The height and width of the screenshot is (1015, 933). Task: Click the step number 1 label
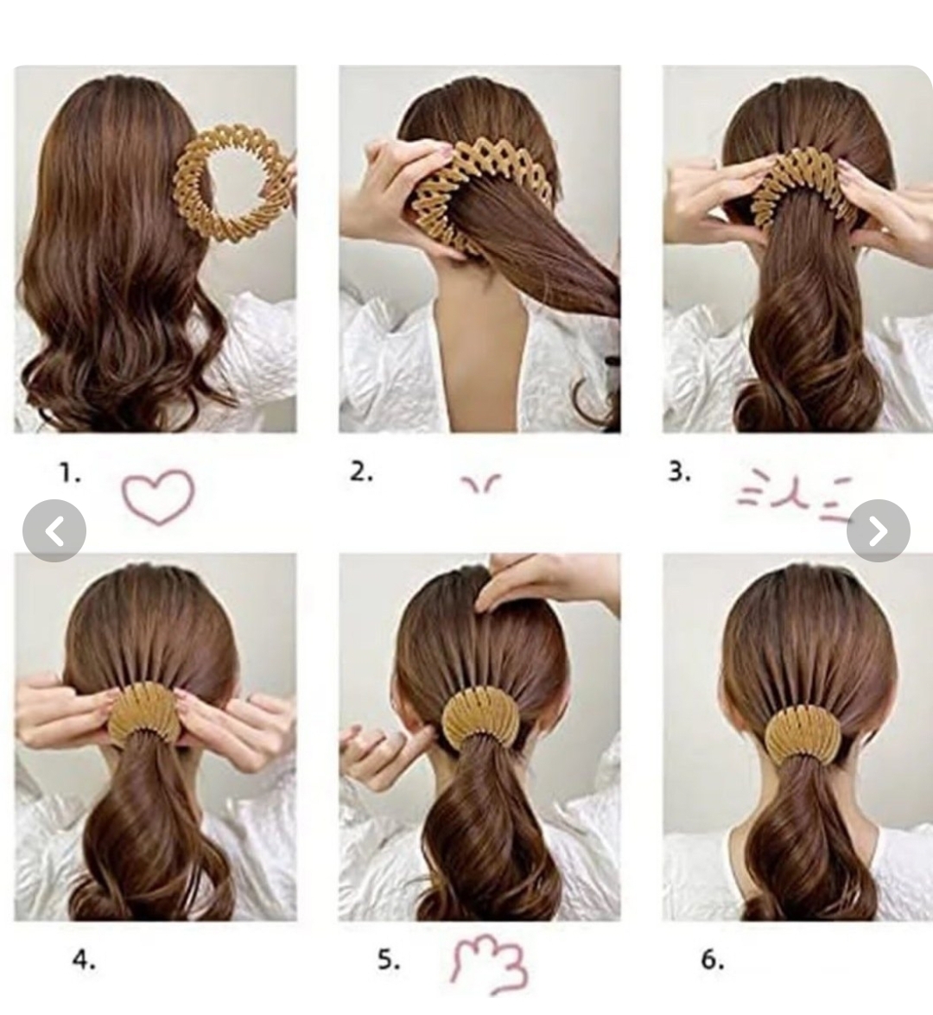pyautogui.click(x=70, y=474)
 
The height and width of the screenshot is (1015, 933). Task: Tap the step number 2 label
pyautogui.click(x=361, y=473)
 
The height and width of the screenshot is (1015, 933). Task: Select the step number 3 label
pyautogui.click(x=679, y=473)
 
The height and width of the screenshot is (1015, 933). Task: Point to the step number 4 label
pyautogui.click(x=84, y=960)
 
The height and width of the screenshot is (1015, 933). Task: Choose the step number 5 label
pyautogui.click(x=389, y=960)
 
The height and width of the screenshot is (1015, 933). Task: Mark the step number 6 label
pyautogui.click(x=712, y=960)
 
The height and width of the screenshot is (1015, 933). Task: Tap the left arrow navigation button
pyautogui.click(x=54, y=530)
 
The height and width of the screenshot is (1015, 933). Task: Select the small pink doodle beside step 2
pyautogui.click(x=480, y=484)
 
